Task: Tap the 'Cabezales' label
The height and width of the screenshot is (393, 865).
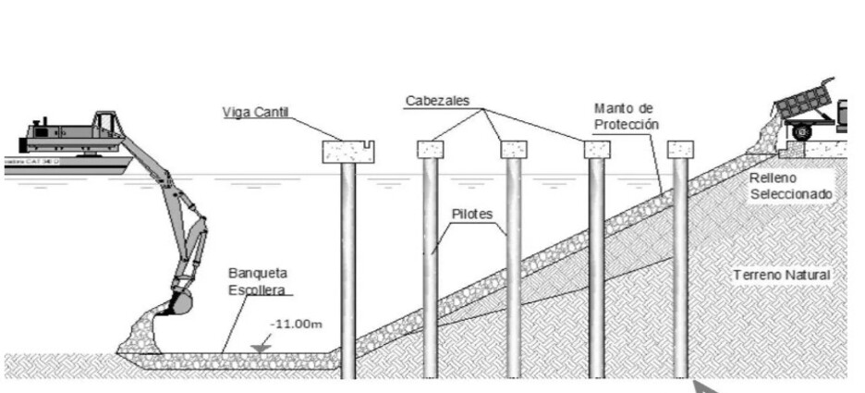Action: pyautogui.click(x=438, y=100)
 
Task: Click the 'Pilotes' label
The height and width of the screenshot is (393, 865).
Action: pyautogui.click(x=472, y=214)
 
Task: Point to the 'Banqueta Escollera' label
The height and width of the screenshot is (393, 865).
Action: pyautogui.click(x=260, y=281)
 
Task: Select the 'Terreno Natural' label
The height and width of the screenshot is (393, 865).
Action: pyautogui.click(x=782, y=275)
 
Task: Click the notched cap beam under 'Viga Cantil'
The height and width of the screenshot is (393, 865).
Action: pyautogui.click(x=348, y=151)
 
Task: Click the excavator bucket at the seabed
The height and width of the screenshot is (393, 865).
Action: pyautogui.click(x=180, y=301)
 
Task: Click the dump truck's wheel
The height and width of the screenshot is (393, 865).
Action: pyautogui.click(x=800, y=133)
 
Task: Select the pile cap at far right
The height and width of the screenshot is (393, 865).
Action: pyautogui.click(x=680, y=149)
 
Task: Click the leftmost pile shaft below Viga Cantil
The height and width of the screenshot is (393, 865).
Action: pyautogui.click(x=348, y=268)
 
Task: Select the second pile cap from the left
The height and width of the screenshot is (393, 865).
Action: pyautogui.click(x=430, y=150)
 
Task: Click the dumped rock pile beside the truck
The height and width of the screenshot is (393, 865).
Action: pyautogui.click(x=766, y=137)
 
